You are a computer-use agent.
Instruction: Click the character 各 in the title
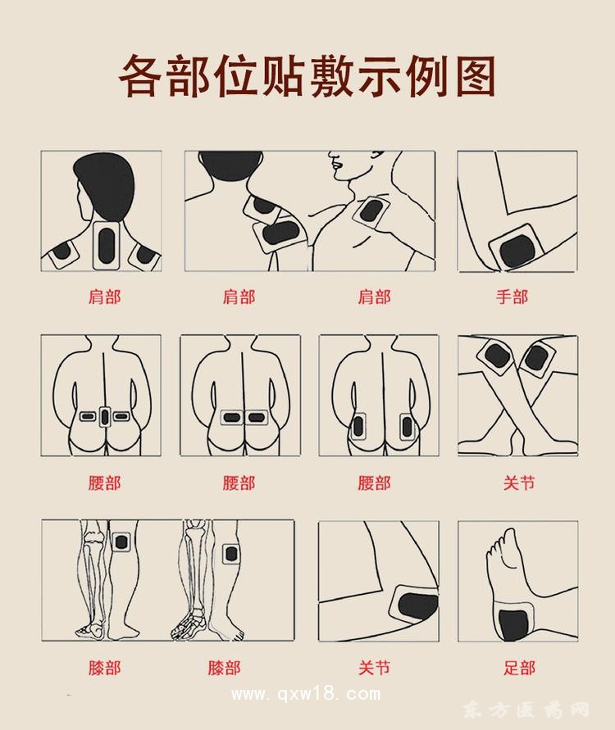[x=146, y=76]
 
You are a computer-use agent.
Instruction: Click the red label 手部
[x=511, y=297]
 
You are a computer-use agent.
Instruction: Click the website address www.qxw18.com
[x=306, y=695]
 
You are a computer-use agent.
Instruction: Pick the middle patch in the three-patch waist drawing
[x=104, y=417]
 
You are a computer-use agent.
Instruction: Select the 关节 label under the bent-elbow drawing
[x=374, y=668]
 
